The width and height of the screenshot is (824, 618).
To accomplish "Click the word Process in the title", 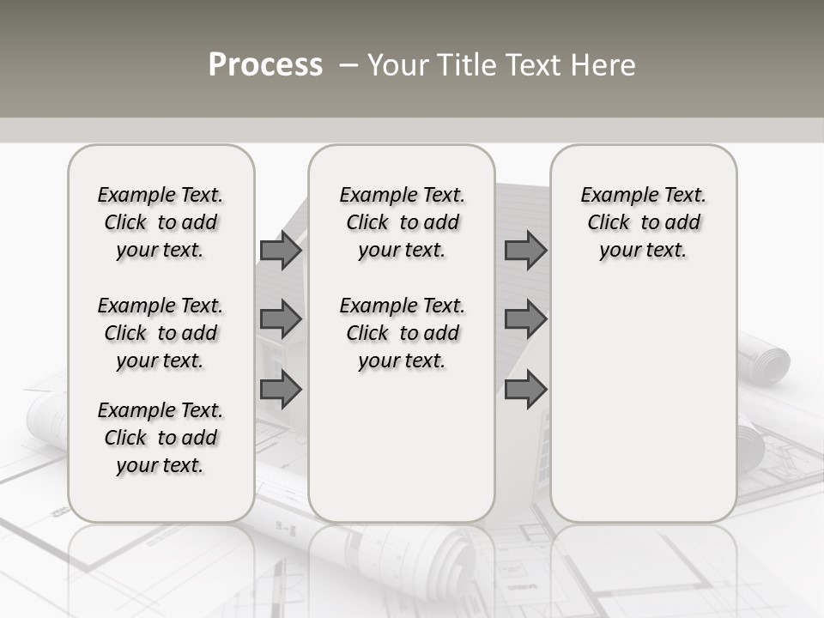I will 265,65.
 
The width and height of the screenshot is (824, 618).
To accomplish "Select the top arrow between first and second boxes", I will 281,251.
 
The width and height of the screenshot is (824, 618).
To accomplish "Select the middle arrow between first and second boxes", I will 281,320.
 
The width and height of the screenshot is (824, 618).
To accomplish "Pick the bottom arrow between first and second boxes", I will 281,389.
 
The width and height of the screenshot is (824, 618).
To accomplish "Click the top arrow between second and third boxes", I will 525,251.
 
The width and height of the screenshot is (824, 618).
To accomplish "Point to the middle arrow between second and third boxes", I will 525,320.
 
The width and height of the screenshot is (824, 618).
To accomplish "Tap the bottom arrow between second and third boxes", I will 525,389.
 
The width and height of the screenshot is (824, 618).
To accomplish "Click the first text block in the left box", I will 161,222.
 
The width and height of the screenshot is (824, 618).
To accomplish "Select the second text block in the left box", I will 161,333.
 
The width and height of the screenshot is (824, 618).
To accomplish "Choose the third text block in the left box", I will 161,438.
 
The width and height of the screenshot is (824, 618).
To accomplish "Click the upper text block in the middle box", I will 402,222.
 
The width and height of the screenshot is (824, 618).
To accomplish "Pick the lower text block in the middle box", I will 402,333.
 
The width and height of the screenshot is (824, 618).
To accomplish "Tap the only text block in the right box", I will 643,222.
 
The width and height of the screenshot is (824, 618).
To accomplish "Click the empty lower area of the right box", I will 643,403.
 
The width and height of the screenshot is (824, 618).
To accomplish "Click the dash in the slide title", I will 348,65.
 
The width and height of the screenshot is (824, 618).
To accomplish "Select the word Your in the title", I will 399,65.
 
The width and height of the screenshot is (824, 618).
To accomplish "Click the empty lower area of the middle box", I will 402,446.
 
